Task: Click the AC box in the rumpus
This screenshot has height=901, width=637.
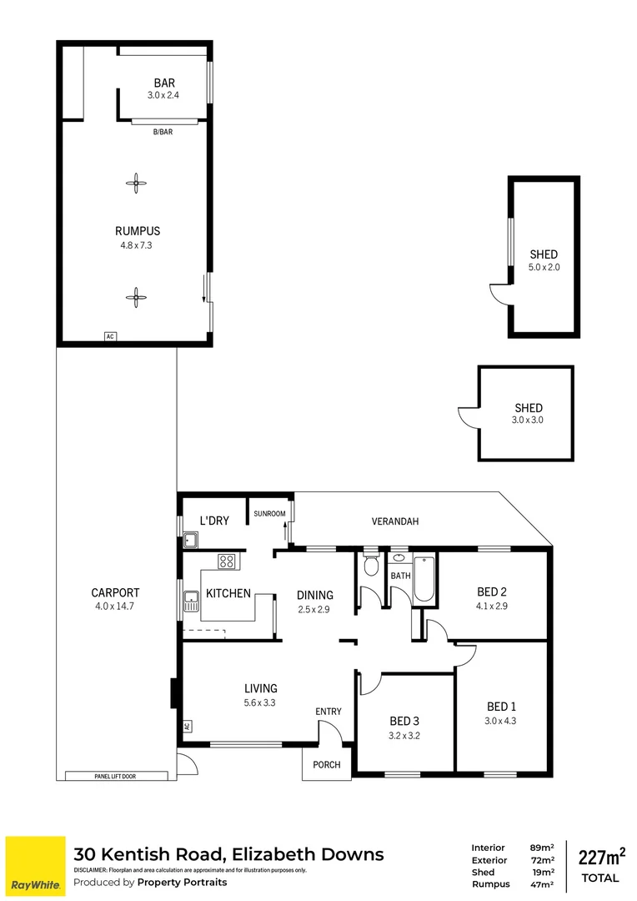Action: point(109,336)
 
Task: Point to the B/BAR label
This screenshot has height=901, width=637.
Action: point(163,132)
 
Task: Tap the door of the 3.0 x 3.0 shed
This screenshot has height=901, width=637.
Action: point(466,415)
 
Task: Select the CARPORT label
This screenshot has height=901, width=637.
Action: point(115,593)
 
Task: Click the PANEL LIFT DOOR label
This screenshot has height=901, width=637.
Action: point(116,776)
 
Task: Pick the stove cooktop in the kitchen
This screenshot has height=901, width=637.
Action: point(226,562)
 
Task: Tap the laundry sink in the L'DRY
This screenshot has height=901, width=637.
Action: point(190,541)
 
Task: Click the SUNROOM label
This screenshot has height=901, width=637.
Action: point(270,514)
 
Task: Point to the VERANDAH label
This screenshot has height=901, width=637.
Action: point(394,521)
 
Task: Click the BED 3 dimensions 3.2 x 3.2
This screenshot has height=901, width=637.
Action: point(404,736)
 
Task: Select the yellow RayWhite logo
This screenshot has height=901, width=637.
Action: point(35,865)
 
